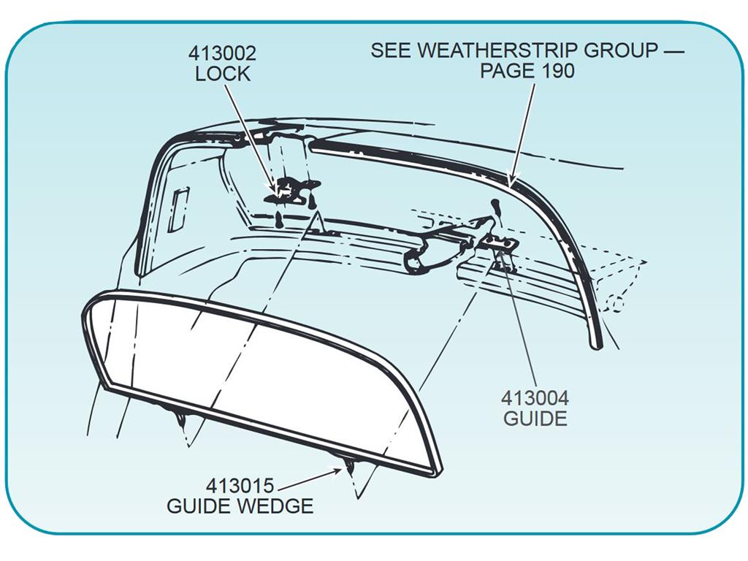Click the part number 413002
(222, 53)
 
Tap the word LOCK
(223, 74)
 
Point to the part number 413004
(535, 398)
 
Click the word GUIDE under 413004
(535, 419)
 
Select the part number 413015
(240, 486)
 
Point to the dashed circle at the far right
(617, 304)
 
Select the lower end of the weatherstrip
(596, 345)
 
